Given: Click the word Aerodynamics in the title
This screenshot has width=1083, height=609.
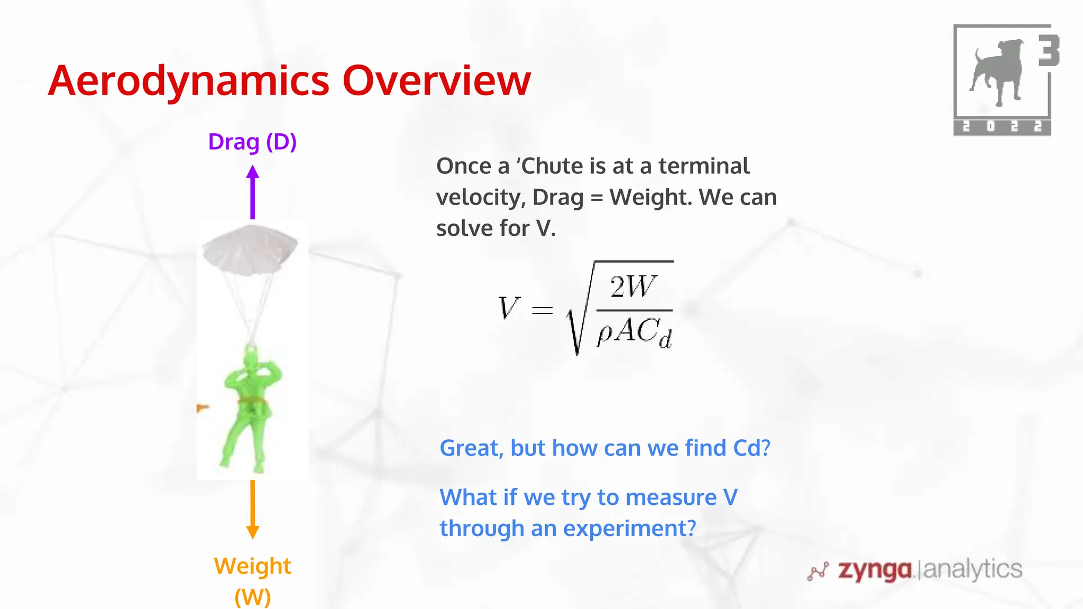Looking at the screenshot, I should click(x=189, y=81).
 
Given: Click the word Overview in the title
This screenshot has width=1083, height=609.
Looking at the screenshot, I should click(x=436, y=81).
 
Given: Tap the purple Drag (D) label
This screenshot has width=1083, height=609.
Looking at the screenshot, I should click(x=252, y=142).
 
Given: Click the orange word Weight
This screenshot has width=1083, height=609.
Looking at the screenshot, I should click(x=252, y=566).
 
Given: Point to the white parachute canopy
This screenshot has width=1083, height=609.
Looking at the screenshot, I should click(x=250, y=248).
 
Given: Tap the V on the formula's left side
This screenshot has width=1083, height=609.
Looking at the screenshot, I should click(x=509, y=308).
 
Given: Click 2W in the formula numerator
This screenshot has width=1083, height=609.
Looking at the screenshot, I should click(x=633, y=287).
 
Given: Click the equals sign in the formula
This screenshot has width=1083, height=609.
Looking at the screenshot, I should click(x=542, y=310).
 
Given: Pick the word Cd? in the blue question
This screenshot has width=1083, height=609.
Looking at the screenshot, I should click(x=751, y=448).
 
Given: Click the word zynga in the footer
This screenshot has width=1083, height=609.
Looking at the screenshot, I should click(x=875, y=570).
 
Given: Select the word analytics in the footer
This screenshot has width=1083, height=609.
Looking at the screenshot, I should click(x=972, y=569).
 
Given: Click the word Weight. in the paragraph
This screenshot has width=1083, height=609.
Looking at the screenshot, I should click(x=650, y=197).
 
